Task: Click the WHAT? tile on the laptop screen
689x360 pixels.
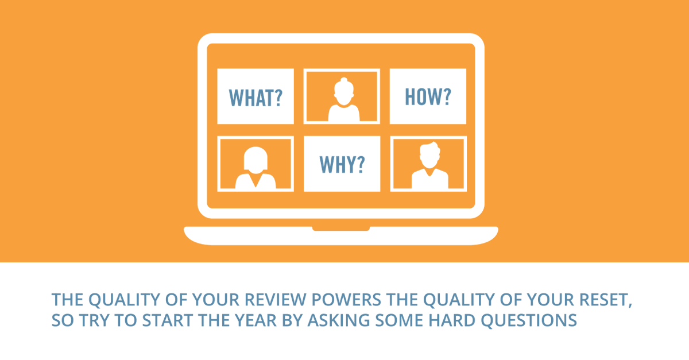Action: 256,96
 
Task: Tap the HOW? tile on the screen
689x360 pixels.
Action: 428,96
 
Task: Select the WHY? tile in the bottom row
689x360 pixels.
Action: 342,164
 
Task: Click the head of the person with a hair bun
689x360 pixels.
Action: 342,92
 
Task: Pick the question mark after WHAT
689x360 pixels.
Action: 277,98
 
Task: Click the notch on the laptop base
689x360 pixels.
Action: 341,229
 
